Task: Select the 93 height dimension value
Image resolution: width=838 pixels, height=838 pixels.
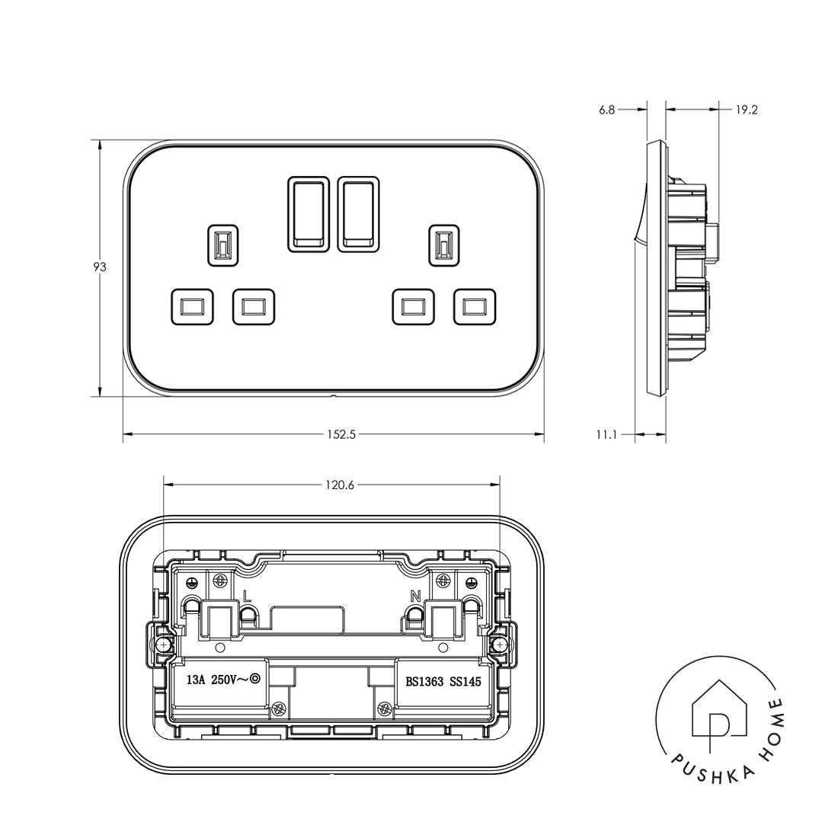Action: (x=99, y=267)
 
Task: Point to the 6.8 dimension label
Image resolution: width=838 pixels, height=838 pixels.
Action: (x=606, y=110)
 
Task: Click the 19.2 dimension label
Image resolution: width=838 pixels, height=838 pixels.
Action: (x=746, y=110)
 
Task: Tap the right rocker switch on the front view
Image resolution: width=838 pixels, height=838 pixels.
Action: (x=357, y=213)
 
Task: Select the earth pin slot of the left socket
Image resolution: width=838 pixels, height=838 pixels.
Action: (x=223, y=245)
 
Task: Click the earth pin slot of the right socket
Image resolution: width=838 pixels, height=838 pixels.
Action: (x=443, y=245)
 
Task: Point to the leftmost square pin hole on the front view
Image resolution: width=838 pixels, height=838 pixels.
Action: (x=187, y=306)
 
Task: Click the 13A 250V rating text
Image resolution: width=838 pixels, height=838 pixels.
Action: (x=218, y=681)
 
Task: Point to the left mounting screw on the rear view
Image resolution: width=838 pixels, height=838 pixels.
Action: (x=162, y=644)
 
